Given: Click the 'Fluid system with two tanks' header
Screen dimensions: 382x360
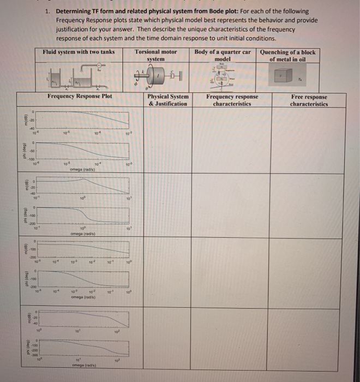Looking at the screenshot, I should (79, 52).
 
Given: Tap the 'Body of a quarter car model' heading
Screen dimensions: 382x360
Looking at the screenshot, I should (223, 55).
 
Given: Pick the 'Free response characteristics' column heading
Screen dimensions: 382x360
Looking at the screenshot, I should (309, 100).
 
